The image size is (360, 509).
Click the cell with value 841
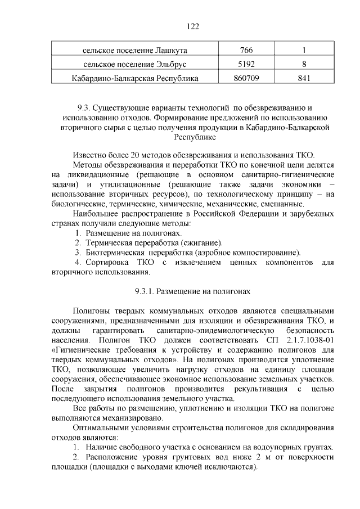304,78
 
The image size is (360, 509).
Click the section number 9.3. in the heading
83,107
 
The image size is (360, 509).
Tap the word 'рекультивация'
245,389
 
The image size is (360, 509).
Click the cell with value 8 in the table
304,64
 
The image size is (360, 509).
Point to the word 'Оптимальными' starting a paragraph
101,428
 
